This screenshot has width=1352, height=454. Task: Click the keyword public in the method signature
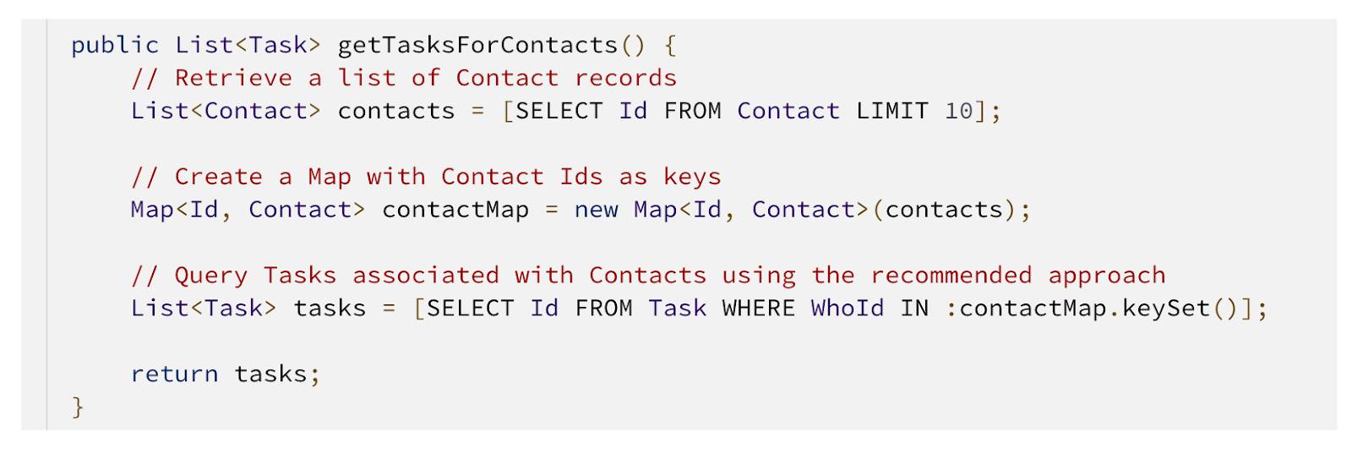pyautogui.click(x=115, y=46)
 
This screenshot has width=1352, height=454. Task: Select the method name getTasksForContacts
pyautogui.click(x=477, y=46)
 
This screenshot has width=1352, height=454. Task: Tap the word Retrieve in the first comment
pyautogui.click(x=233, y=78)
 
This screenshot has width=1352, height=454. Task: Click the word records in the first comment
pyautogui.click(x=625, y=78)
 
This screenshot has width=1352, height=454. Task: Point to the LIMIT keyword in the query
pyautogui.click(x=892, y=111)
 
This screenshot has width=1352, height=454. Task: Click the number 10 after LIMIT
pyautogui.click(x=959, y=111)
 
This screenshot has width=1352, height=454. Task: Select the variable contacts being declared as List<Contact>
pyautogui.click(x=396, y=111)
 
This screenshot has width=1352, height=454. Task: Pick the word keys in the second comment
pyautogui.click(x=692, y=177)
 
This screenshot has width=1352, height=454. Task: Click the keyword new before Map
pyautogui.click(x=596, y=210)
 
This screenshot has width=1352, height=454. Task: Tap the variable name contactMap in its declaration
pyautogui.click(x=455, y=210)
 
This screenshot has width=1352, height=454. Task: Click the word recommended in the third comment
pyautogui.click(x=951, y=276)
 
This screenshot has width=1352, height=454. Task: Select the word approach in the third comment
pyautogui.click(x=1106, y=276)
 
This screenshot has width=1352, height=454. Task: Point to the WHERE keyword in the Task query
pyautogui.click(x=758, y=309)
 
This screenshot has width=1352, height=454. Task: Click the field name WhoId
pyautogui.click(x=847, y=309)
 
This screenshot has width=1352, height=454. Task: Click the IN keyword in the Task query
pyautogui.click(x=913, y=309)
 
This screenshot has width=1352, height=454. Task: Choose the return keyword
pyautogui.click(x=174, y=375)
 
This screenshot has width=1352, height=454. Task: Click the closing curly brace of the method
pyautogui.click(x=78, y=407)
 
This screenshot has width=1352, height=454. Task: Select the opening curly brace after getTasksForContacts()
pyautogui.click(x=670, y=46)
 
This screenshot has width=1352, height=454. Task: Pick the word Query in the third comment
pyautogui.click(x=210, y=276)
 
